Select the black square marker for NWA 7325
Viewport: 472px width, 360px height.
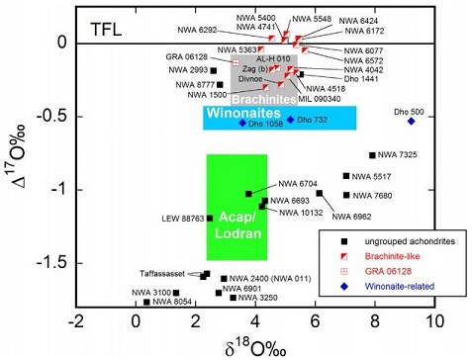tap(372, 155)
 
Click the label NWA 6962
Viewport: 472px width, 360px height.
tap(350, 216)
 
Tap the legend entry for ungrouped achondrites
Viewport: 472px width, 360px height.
tap(401, 241)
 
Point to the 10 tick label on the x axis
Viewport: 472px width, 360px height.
tap(433, 321)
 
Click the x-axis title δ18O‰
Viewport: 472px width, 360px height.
tap(254, 345)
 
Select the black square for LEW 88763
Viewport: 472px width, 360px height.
tap(210, 218)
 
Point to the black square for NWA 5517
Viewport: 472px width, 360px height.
tap(346, 176)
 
